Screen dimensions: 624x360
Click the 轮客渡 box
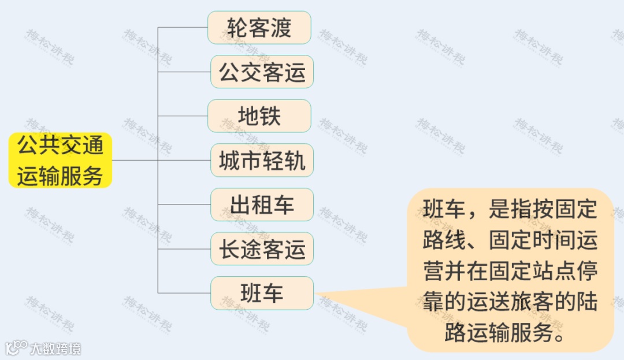pos(259,28)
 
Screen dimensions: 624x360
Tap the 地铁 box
pos(259,116)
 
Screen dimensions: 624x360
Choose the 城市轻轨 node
pos(262,161)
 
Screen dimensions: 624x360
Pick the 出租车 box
pos(262,205)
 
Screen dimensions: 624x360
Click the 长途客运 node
pos(262,249)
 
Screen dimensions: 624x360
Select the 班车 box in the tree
pos(262,293)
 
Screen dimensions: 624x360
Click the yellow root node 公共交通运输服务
pos(60,161)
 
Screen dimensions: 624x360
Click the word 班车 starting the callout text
pos(444,209)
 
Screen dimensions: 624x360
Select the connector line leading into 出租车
pos(184,205)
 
